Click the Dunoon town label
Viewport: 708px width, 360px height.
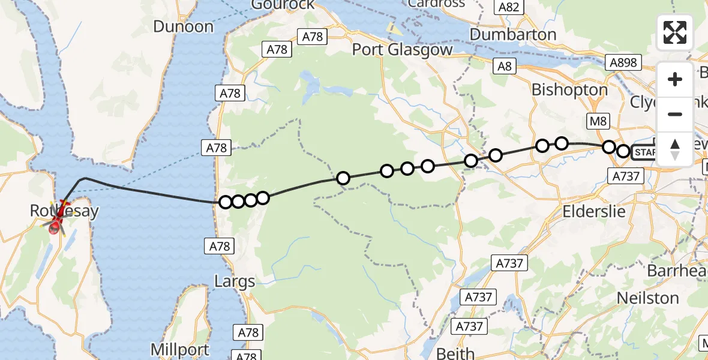point(184,26)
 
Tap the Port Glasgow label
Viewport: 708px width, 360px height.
point(402,50)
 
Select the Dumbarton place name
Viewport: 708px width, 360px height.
point(513,35)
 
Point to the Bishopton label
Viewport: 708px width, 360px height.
point(570,90)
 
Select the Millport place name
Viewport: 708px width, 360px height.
point(180,350)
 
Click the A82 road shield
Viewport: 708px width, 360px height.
point(509,7)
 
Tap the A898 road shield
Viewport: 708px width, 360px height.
point(624,62)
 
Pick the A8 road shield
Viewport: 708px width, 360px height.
point(505,66)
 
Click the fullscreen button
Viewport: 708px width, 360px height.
point(675,32)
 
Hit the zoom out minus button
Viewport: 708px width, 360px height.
point(675,114)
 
